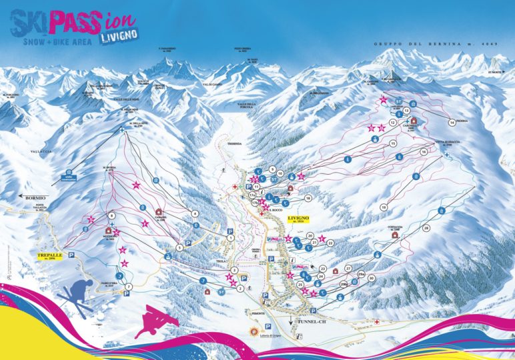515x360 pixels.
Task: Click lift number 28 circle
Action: tap(426, 229)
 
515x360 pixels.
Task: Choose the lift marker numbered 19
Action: tap(384, 208)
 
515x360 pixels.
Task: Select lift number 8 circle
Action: tap(112, 215)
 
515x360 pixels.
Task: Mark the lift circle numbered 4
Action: tap(195, 213)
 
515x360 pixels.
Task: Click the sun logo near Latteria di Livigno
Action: tap(253, 331)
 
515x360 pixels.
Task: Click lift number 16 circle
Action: tap(423, 152)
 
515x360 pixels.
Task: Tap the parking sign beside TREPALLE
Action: tap(70, 254)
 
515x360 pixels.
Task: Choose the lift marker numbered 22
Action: tap(330, 243)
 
